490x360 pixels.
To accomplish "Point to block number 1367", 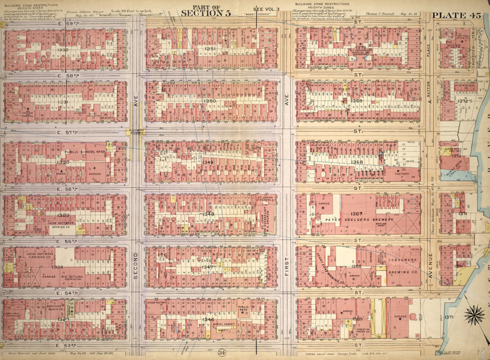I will [x=356, y=213].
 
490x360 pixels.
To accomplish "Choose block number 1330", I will [x=63, y=163].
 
